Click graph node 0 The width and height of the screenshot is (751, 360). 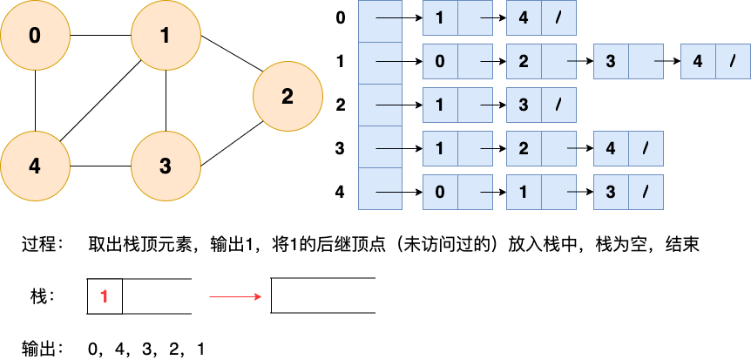coord(35,36)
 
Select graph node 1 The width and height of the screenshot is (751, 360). coord(166,36)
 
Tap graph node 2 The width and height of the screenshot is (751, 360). coord(288,97)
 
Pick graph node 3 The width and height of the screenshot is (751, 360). coord(166,166)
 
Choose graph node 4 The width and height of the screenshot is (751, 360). coord(35,166)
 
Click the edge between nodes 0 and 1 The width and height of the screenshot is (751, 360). coord(100,36)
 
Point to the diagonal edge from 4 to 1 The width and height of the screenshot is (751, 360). coord(100,100)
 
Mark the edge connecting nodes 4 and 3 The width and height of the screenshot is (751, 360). coord(100,166)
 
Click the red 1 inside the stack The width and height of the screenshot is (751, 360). coord(105,296)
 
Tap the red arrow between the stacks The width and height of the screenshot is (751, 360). coord(235,296)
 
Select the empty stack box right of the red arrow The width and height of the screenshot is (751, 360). coord(323,296)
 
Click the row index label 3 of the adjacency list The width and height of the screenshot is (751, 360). coord(340,148)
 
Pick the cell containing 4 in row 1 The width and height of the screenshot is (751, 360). coord(698,62)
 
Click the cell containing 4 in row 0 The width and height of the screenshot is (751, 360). coord(524,18)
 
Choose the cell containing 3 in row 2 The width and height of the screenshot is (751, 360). coord(524,105)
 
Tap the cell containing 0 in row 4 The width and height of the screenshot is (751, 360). coord(440,191)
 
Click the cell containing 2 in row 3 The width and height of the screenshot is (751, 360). coord(524,148)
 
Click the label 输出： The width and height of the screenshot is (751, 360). coord(43,349)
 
